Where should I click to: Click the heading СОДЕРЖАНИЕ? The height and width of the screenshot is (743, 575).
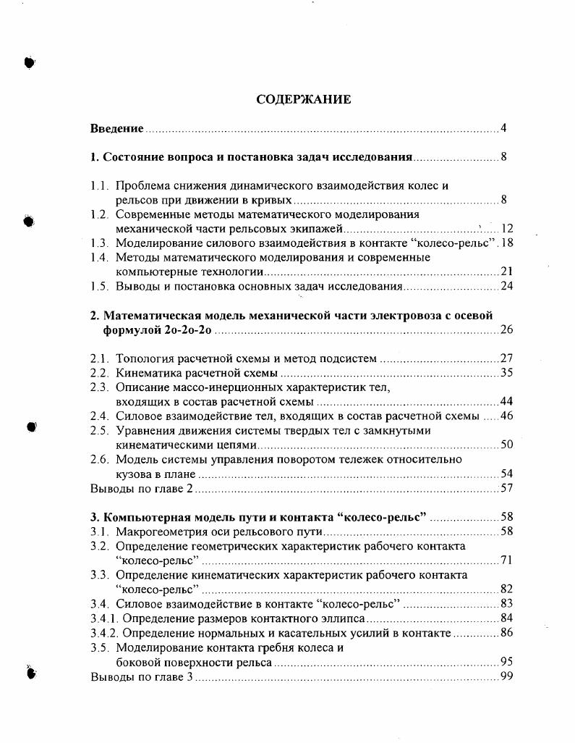(x=304, y=100)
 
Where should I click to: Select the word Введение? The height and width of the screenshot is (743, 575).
(x=116, y=129)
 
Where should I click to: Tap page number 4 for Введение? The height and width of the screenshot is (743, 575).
(x=503, y=129)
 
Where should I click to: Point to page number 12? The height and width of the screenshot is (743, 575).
(x=506, y=229)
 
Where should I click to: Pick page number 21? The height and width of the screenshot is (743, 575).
(x=506, y=272)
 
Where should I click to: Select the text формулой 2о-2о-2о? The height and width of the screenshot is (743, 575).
(x=158, y=330)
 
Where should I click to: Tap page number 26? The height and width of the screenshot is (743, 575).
(x=506, y=330)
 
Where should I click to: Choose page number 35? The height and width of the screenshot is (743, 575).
(x=506, y=373)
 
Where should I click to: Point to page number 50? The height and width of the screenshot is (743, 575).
(x=506, y=445)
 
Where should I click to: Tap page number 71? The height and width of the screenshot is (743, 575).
(x=506, y=560)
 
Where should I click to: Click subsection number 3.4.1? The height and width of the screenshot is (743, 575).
(x=104, y=618)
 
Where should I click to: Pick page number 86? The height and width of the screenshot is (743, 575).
(x=506, y=633)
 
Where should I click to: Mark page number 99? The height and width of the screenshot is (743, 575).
(x=506, y=676)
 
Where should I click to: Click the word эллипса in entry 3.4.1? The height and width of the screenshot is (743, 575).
(x=346, y=618)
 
